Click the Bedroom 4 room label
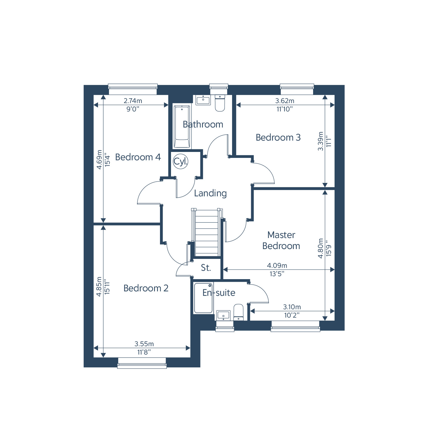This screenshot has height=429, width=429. (138, 157)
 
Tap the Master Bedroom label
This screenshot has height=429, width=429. (281, 240)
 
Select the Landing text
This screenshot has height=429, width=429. (210, 193)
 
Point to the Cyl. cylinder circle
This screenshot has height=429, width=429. (181, 161)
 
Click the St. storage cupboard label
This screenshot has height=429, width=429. (206, 268)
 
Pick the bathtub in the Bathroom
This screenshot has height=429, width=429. (182, 127)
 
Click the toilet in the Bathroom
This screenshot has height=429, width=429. (220, 103)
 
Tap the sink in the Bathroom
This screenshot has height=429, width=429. (203, 100)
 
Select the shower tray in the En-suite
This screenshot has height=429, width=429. (203, 298)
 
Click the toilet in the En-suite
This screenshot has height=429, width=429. (238, 312)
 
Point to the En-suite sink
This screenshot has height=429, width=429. (223, 315)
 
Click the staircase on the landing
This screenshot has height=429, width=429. (207, 233)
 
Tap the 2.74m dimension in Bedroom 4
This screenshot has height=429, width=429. (133, 101)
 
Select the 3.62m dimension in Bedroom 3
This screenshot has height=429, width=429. (285, 101)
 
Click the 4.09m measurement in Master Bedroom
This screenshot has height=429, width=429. (277, 265)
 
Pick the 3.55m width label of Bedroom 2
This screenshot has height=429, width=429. (144, 344)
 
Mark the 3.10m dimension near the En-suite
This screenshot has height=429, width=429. (292, 307)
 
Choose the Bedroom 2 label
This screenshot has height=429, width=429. (146, 288)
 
